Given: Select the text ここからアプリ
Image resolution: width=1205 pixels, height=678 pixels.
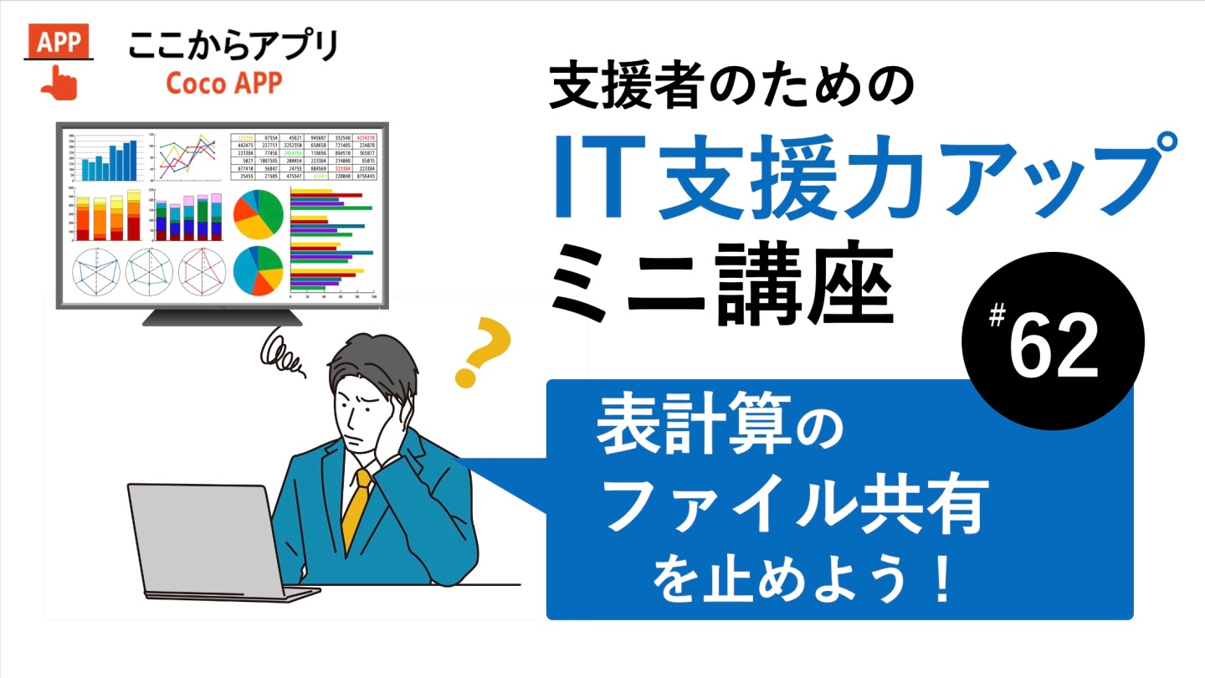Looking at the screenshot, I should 233,45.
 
